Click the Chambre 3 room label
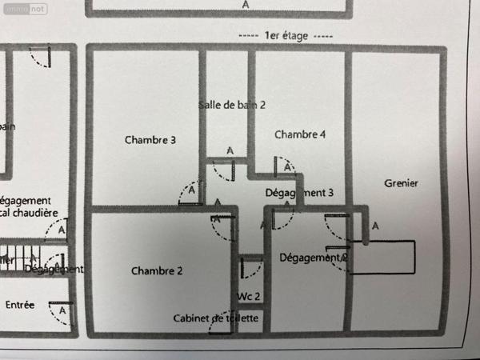[150, 140]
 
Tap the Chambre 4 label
[300, 134]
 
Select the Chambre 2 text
[157, 271]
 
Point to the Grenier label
[401, 183]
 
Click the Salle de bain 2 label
[232, 105]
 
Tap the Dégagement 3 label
[298, 193]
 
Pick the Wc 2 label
[249, 296]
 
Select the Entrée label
[20, 305]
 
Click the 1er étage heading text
[286, 37]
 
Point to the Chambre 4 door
[284, 167]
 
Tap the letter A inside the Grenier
[375, 227]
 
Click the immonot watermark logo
[23, 9]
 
